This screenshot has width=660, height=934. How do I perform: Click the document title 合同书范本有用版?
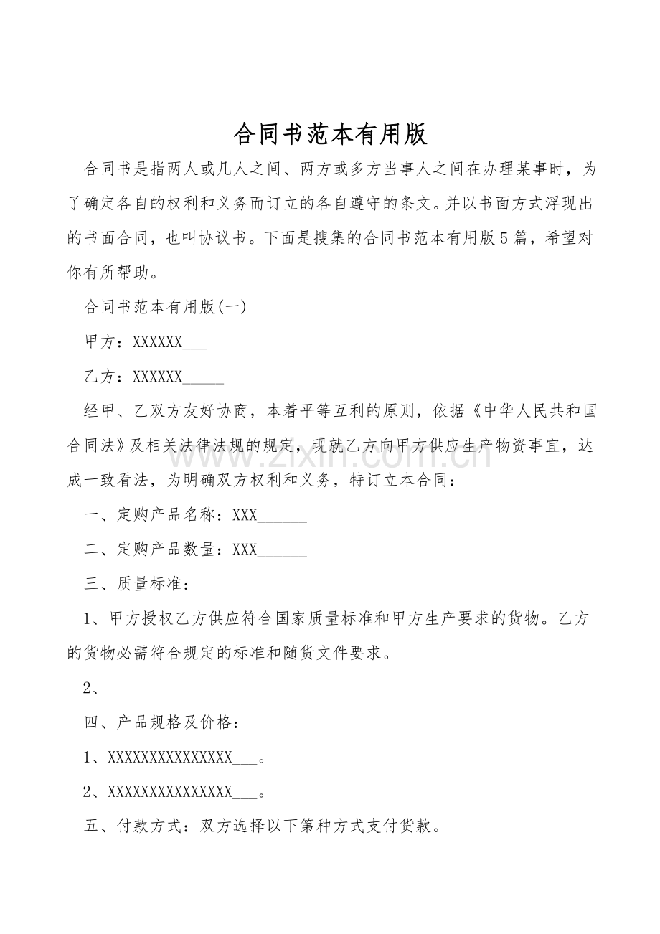pyautogui.click(x=330, y=133)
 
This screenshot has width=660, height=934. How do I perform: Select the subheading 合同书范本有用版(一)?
pyautogui.click(x=165, y=307)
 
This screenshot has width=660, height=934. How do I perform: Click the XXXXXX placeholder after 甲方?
pyautogui.click(x=158, y=342)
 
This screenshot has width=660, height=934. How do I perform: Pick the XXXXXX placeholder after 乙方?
pyautogui.click(x=158, y=377)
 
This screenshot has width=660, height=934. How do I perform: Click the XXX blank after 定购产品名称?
pyautogui.click(x=245, y=515)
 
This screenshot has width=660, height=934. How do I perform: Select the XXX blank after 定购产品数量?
pyautogui.click(x=245, y=549)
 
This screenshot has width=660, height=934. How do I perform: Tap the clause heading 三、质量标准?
pyautogui.click(x=136, y=584)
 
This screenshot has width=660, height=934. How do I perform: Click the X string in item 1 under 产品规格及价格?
pyautogui.click(x=170, y=758)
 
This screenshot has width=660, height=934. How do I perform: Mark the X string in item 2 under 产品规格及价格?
pyautogui.click(x=170, y=792)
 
